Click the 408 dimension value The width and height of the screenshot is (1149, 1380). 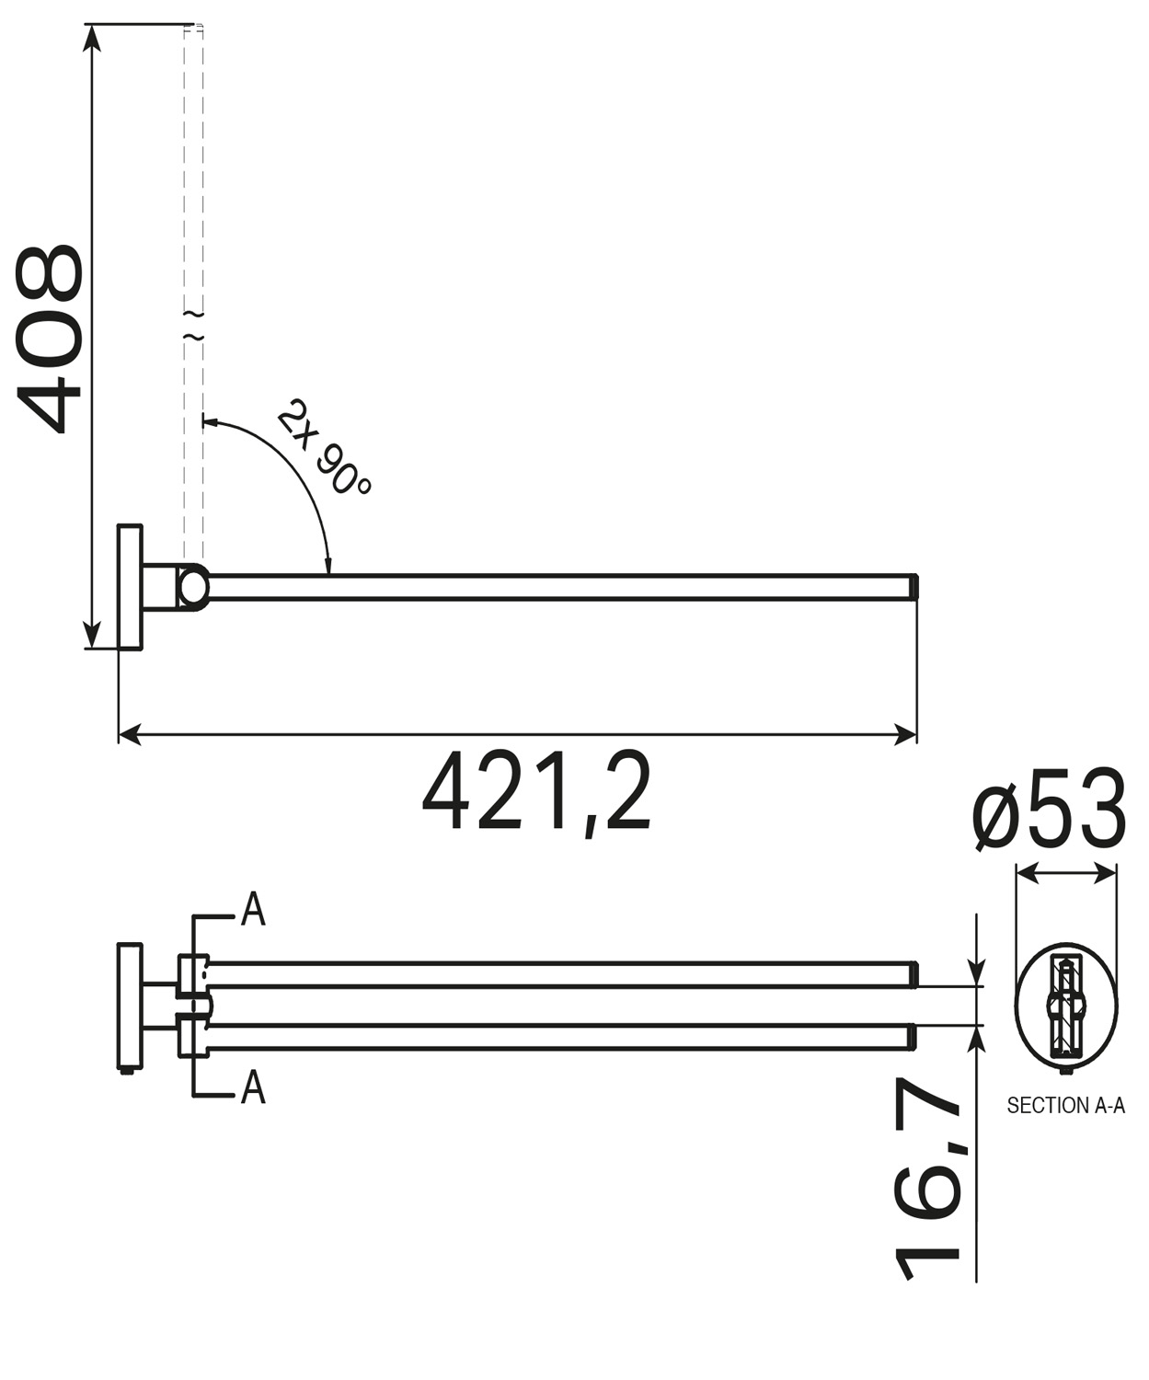tap(50, 339)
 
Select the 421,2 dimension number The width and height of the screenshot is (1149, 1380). tap(536, 792)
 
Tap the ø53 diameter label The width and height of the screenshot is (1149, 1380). tap(1049, 811)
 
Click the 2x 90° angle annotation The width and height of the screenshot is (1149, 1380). tap(323, 447)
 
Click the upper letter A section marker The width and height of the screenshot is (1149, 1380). tap(253, 909)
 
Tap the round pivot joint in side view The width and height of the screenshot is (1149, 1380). tap(193, 587)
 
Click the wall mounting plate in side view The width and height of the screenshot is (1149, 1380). tap(131, 587)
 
